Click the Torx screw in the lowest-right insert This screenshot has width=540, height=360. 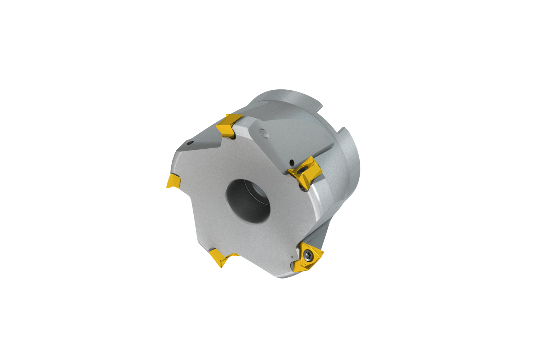pos(309,255)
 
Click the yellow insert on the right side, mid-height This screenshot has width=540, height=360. pos(305,173)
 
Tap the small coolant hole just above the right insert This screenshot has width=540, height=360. pos(292,162)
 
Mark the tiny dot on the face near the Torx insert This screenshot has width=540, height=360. pos(292,257)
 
